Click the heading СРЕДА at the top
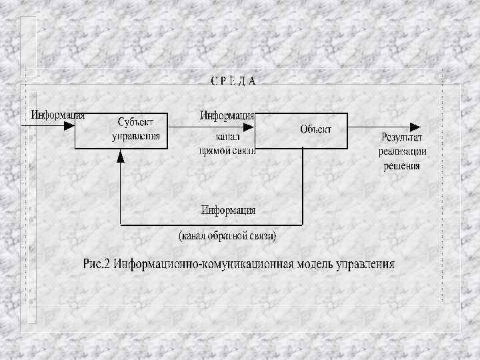point(233,81)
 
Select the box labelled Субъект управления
point(121,130)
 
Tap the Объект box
point(303,130)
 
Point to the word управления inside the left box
point(136,136)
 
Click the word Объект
point(315,129)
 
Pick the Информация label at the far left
point(58,114)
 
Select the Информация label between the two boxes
point(227,115)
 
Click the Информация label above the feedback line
point(229,210)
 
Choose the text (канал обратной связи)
point(227,236)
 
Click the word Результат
point(402,138)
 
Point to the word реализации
point(402,152)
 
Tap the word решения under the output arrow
point(402,166)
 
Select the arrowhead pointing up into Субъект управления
point(121,156)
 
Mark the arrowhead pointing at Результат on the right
point(415,126)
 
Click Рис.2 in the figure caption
point(97,263)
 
